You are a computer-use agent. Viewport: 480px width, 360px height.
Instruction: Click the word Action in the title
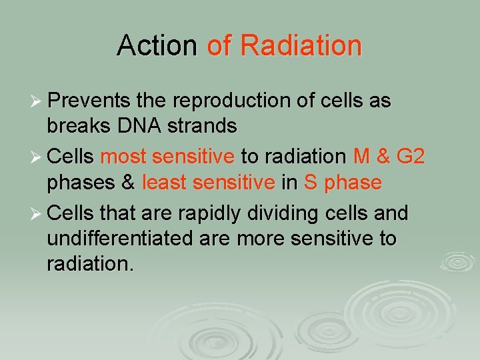click(x=157, y=46)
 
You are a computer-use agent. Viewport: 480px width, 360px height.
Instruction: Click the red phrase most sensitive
click(x=167, y=157)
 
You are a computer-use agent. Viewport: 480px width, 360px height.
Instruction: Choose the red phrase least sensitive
click(x=208, y=183)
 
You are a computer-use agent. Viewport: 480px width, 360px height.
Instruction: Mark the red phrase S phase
click(x=343, y=183)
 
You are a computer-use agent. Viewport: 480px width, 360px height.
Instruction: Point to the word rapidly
click(x=205, y=213)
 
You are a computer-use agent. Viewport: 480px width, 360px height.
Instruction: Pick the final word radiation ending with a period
click(x=90, y=265)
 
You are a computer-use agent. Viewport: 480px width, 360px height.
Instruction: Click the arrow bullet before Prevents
click(x=36, y=102)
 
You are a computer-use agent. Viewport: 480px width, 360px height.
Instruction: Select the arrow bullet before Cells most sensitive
click(x=36, y=158)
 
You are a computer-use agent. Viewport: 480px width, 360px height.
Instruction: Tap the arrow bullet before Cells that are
click(x=36, y=214)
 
